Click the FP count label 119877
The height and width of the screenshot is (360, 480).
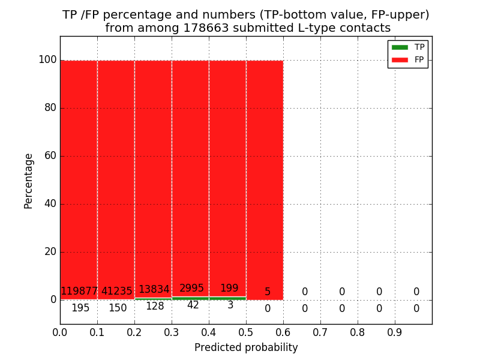pyautogui.click(x=79, y=292)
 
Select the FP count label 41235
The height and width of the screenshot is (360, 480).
pyautogui.click(x=116, y=292)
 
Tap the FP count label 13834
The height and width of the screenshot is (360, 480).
pyautogui.click(x=154, y=290)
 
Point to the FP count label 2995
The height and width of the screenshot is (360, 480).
pyautogui.click(x=192, y=289)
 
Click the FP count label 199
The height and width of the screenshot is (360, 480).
pyautogui.click(x=229, y=289)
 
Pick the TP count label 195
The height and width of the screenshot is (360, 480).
pyautogui.click(x=80, y=308)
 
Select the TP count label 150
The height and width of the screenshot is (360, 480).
pyautogui.click(x=118, y=308)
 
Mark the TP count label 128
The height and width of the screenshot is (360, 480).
pyautogui.click(x=155, y=307)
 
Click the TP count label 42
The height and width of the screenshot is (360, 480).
pyautogui.click(x=193, y=305)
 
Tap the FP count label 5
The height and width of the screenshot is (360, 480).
pyautogui.click(x=268, y=292)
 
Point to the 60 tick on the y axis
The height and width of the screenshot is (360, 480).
pyautogui.click(x=50, y=156)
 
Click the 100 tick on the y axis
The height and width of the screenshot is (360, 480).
pyautogui.click(x=47, y=60)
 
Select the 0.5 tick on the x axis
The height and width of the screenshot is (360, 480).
pyautogui.click(x=246, y=331)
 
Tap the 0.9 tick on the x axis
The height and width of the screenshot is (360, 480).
pyautogui.click(x=395, y=331)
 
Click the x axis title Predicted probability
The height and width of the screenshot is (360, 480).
pyautogui.click(x=246, y=347)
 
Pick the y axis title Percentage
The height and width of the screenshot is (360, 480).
pyautogui.click(x=29, y=181)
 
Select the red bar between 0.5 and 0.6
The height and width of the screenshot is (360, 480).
pyautogui.click(x=265, y=180)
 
